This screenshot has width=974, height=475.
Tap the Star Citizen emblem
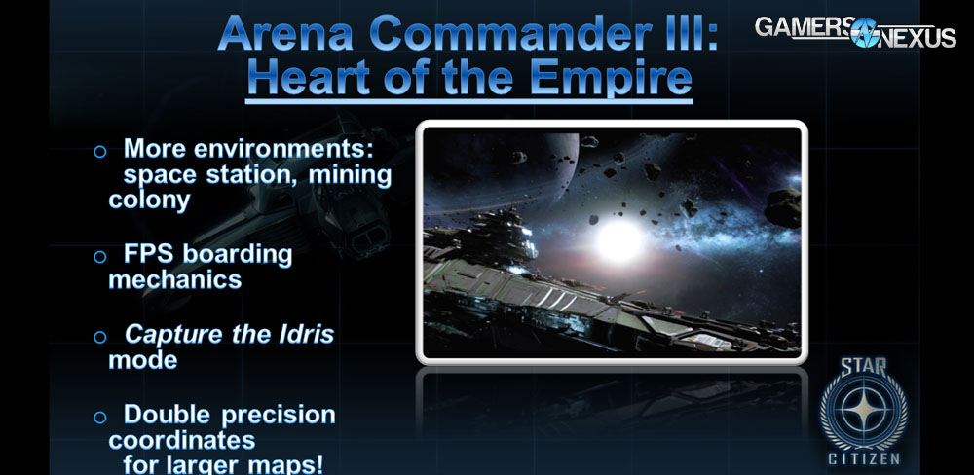tap(862, 409)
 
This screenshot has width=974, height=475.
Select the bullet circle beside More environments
tap(99, 152)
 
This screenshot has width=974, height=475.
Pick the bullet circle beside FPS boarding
tap(99, 257)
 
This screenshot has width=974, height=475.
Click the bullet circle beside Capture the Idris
tap(99, 337)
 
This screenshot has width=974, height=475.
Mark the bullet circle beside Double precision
tap(99, 417)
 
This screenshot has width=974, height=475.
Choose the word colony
tap(149, 201)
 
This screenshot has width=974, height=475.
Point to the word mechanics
tap(174, 280)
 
